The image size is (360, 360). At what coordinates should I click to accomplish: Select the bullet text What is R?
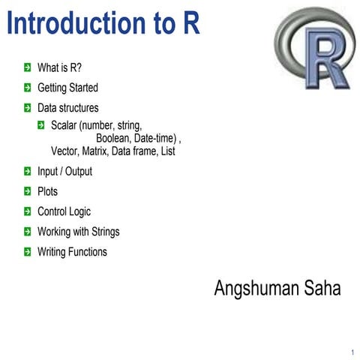point(59,67)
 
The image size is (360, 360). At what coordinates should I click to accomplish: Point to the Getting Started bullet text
point(67,88)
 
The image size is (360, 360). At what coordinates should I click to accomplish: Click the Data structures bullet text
point(67,108)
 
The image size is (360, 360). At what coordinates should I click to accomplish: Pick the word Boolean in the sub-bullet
point(113,138)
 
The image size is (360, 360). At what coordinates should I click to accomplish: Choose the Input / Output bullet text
point(64,171)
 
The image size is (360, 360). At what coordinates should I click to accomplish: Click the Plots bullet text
point(47,191)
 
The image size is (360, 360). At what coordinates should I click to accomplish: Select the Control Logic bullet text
point(64,211)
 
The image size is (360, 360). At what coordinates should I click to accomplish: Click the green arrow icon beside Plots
point(27,191)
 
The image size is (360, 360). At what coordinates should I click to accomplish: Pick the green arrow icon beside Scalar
point(42,124)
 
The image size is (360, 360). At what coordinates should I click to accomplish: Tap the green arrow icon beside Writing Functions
point(27,252)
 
